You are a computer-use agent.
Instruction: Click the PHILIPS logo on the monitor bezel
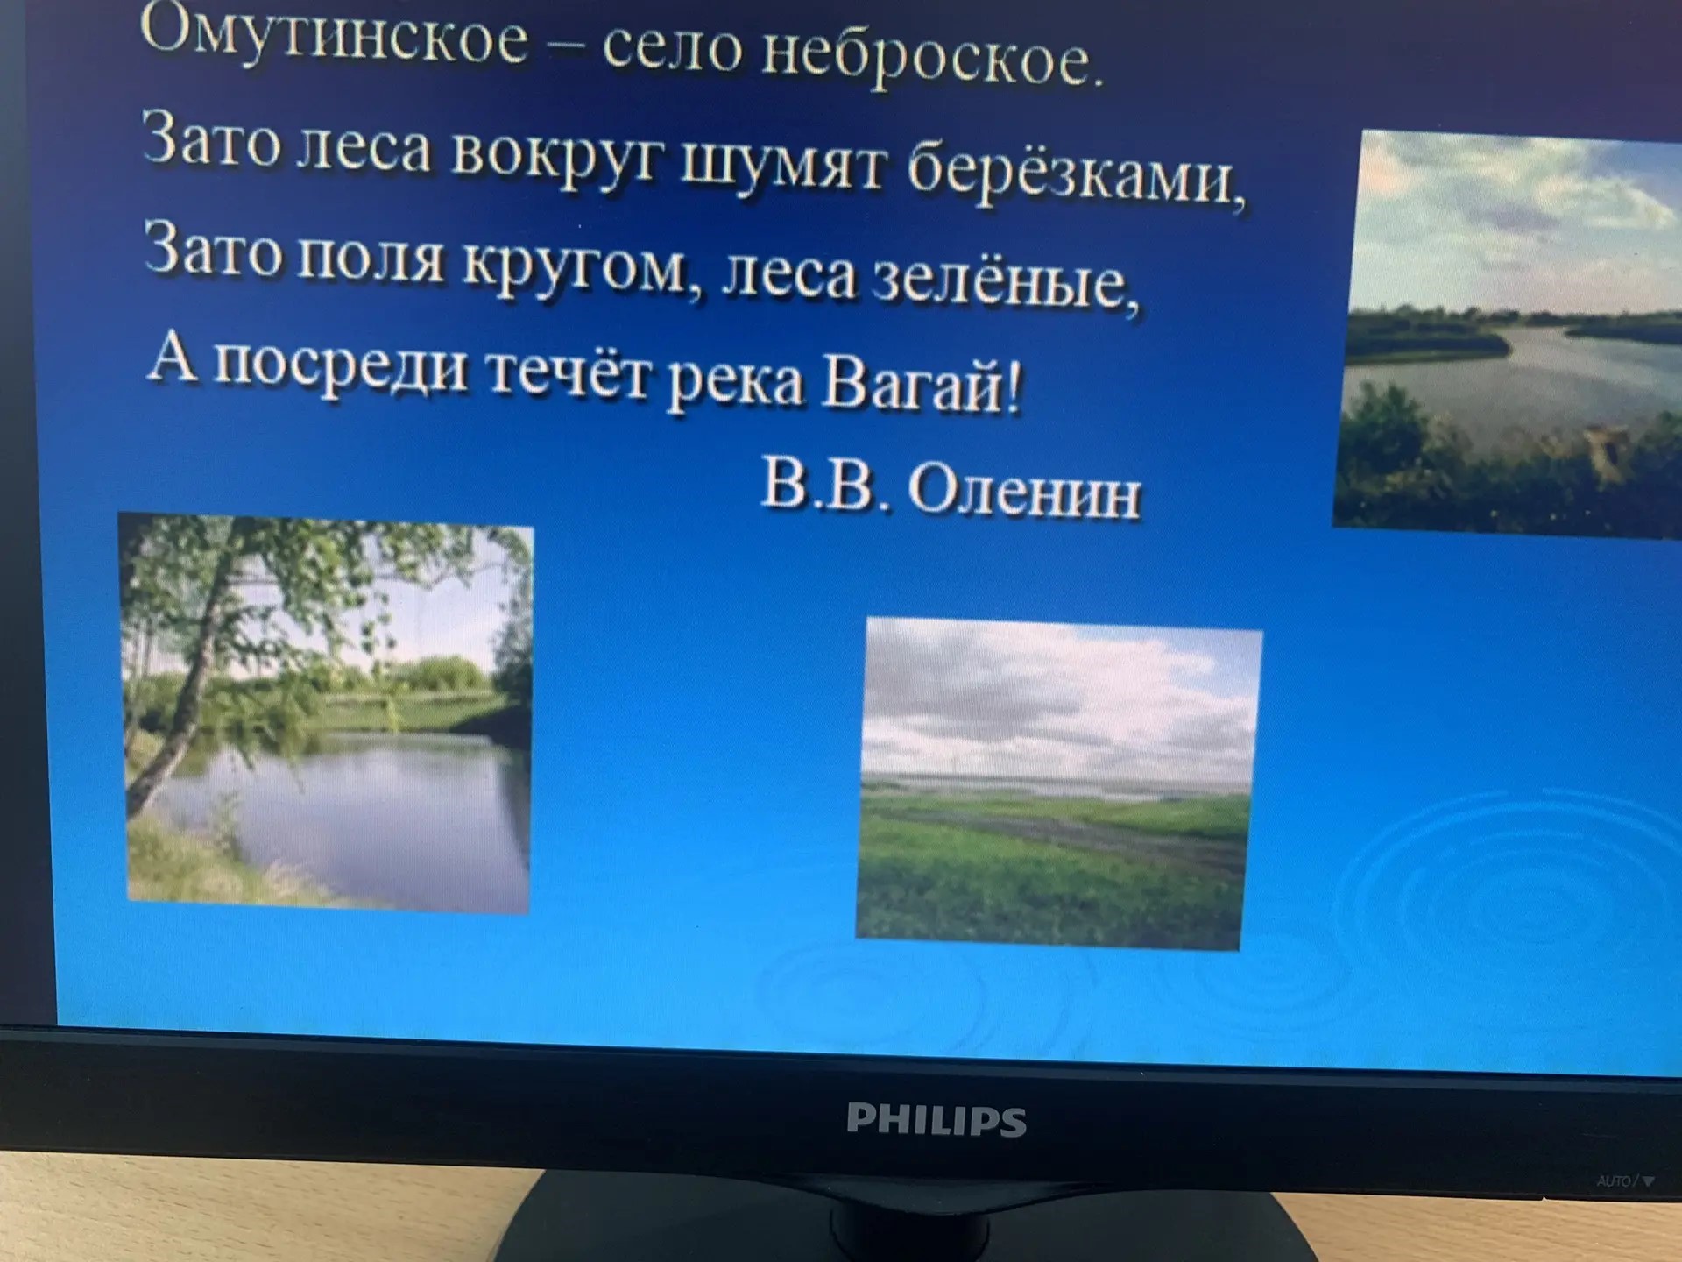(936, 1120)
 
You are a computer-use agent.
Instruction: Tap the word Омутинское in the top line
(334, 35)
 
